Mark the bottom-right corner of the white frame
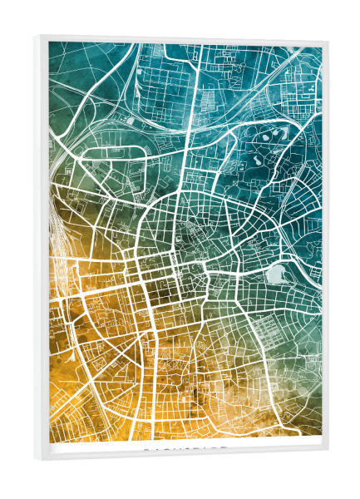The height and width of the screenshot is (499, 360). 327,452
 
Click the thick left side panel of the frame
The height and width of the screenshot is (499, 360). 41,249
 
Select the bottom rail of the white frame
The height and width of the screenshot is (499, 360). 183,456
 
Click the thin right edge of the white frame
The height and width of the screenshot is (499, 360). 325,249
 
